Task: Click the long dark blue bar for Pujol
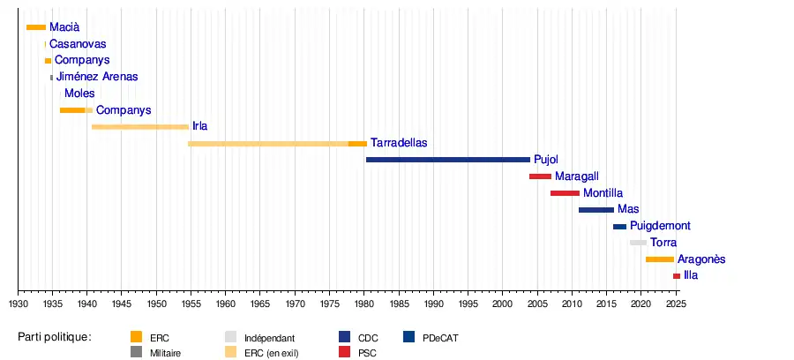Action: pyautogui.click(x=447, y=160)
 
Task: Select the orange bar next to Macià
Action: pyautogui.click(x=36, y=27)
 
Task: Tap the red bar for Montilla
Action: pyautogui.click(x=565, y=193)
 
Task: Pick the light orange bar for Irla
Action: pyautogui.click(x=139, y=127)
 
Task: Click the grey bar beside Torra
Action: pyautogui.click(x=638, y=243)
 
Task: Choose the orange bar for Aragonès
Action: pyautogui.click(x=659, y=259)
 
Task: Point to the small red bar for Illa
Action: pyautogui.click(x=677, y=276)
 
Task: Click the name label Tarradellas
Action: pyautogui.click(x=399, y=143)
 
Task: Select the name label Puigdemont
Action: pyautogui.click(x=660, y=226)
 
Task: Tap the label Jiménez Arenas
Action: pyautogui.click(x=97, y=77)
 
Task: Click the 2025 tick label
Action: pyautogui.click(x=676, y=304)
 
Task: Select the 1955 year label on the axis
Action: pyautogui.click(x=191, y=304)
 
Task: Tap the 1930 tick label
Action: pyautogui.click(x=19, y=304)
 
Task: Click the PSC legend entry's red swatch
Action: pyautogui.click(x=345, y=352)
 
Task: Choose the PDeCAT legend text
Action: pyautogui.click(x=440, y=338)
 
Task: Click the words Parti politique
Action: pyautogui.click(x=55, y=337)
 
